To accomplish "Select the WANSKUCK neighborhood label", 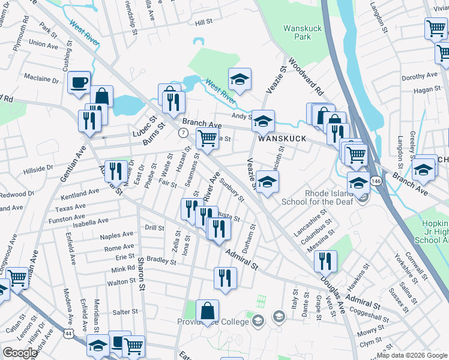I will pyautogui.click(x=282, y=139).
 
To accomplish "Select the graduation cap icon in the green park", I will pyautogui.click(x=240, y=79).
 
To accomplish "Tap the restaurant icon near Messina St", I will pyautogui.click(x=325, y=261).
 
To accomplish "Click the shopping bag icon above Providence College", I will pyautogui.click(x=207, y=311).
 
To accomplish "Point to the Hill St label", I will pyautogui.click(x=204, y=22).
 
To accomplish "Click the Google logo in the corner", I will pyautogui.click(x=20, y=353).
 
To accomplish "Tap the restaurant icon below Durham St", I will pyautogui.click(x=226, y=278).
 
